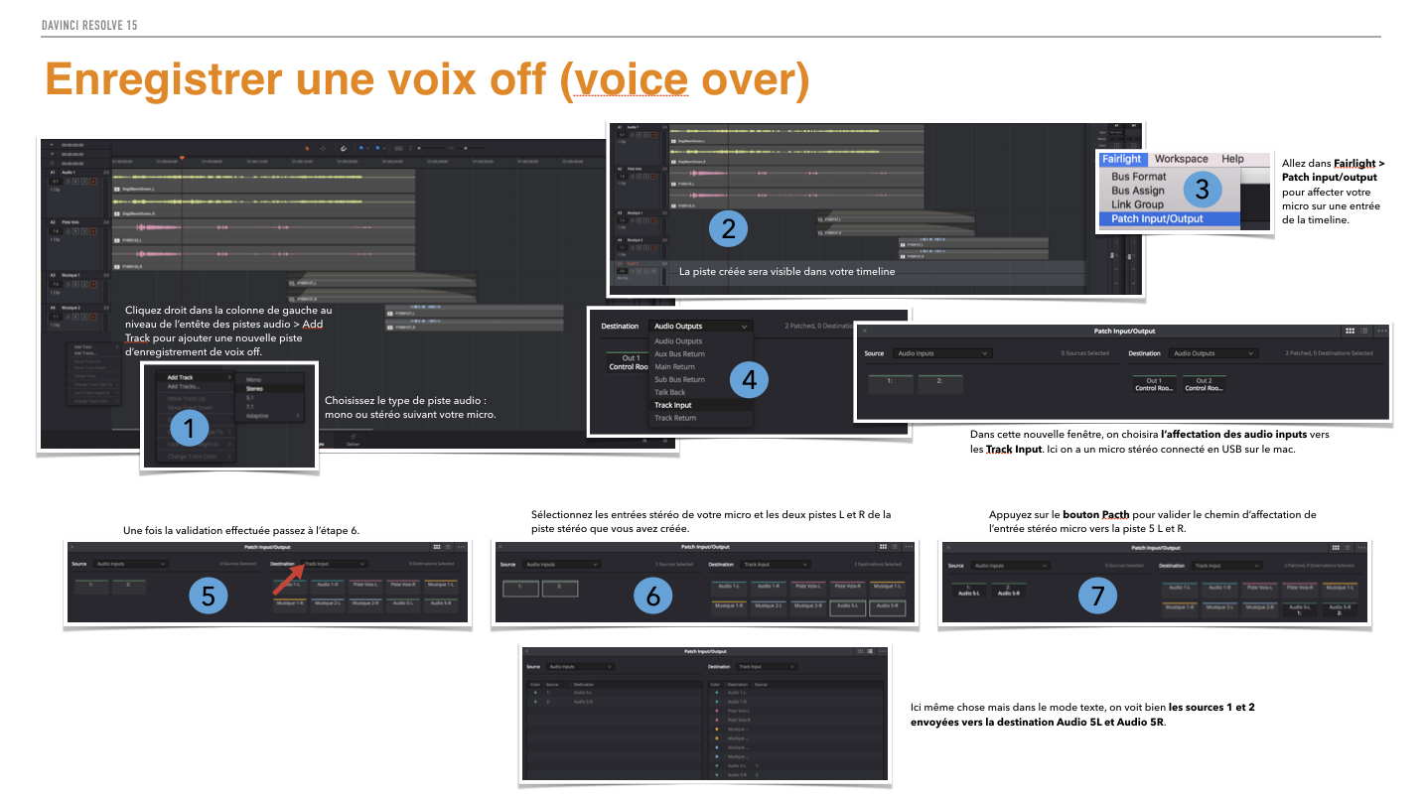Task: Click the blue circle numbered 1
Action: [189, 429]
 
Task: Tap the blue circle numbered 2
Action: [728, 229]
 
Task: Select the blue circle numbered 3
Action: [1203, 187]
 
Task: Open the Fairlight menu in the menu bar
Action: [1121, 159]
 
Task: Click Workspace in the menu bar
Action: [1181, 159]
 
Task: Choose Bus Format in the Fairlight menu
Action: [1138, 177]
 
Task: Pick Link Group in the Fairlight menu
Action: [1137, 204]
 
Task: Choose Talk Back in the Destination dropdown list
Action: [669, 392]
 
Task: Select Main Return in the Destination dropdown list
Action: [674, 367]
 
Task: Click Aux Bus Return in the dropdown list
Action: [679, 354]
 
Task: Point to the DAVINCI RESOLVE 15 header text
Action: [89, 25]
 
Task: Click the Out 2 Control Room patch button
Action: [1204, 384]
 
